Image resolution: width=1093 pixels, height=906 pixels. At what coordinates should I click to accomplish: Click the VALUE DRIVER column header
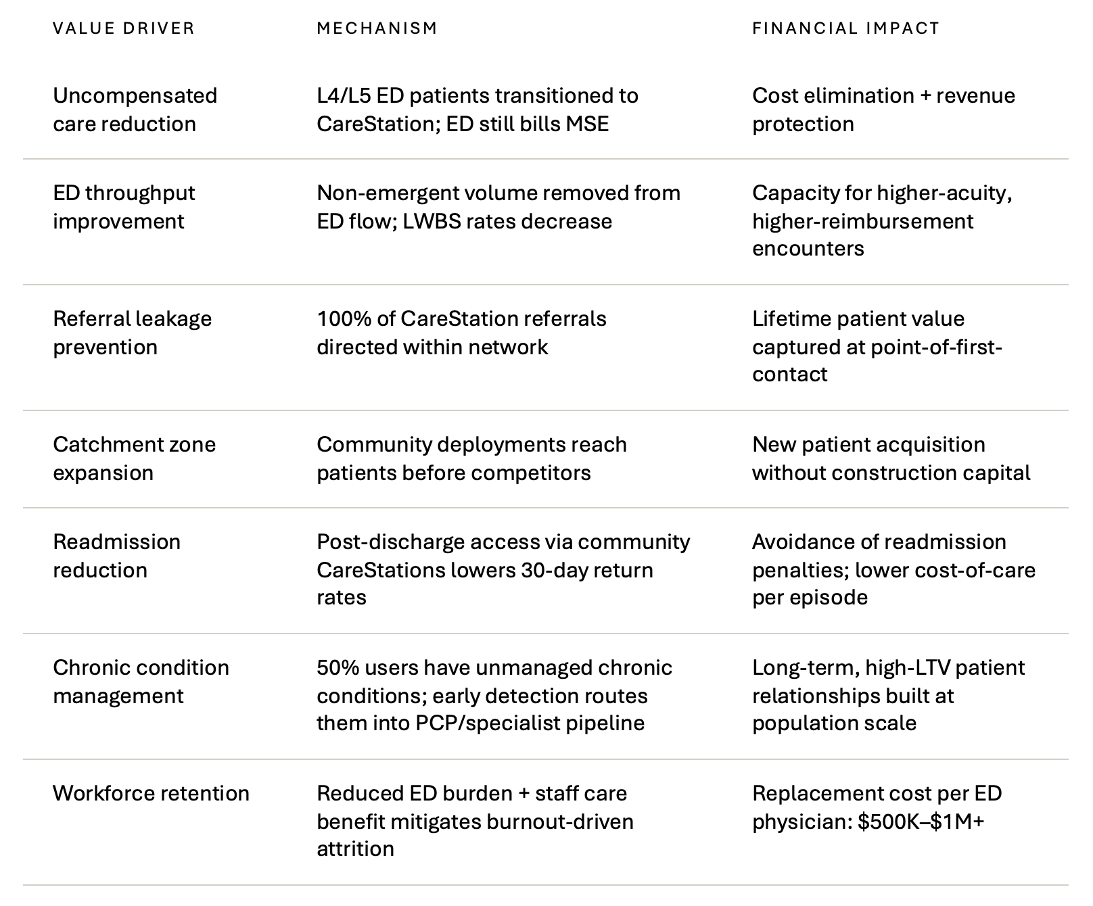(x=124, y=28)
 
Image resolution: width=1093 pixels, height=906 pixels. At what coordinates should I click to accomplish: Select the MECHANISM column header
(x=377, y=28)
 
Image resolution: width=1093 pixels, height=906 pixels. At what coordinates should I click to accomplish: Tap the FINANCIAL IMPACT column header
(x=846, y=28)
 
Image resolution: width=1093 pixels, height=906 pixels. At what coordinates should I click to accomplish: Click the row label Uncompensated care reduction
(x=135, y=110)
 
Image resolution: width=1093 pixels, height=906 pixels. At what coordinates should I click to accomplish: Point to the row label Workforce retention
(x=152, y=793)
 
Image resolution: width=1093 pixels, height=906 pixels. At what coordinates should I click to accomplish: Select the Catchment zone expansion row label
(x=135, y=458)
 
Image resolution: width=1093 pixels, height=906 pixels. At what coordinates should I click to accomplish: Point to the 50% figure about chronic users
(x=338, y=668)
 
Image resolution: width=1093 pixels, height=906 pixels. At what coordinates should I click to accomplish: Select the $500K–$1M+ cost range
(x=921, y=822)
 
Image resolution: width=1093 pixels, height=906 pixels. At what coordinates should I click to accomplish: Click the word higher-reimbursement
(x=863, y=222)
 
